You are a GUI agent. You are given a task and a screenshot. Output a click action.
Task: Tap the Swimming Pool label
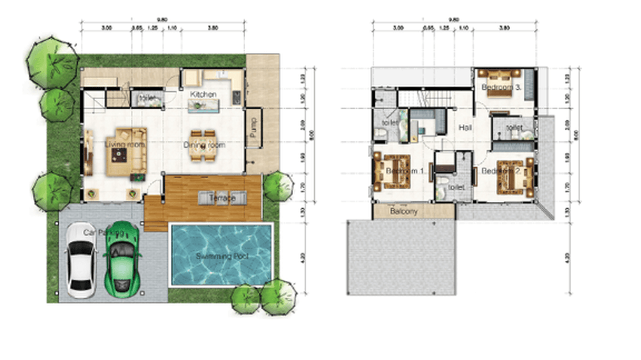click(x=222, y=256)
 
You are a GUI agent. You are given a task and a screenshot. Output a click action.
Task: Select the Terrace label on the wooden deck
click(x=222, y=198)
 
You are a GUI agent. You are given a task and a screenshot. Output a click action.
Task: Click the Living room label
click(x=125, y=143)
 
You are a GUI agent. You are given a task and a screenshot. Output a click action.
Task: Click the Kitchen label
click(x=203, y=95)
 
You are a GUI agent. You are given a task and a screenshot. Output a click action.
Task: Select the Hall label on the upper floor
click(x=465, y=127)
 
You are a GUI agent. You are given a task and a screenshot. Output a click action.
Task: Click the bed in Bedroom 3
click(x=500, y=83)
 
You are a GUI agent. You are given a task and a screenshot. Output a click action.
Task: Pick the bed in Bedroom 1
click(x=393, y=171)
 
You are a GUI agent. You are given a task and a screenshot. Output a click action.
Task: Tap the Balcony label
click(x=404, y=211)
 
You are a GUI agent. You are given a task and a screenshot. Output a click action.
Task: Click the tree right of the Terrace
click(x=278, y=186)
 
